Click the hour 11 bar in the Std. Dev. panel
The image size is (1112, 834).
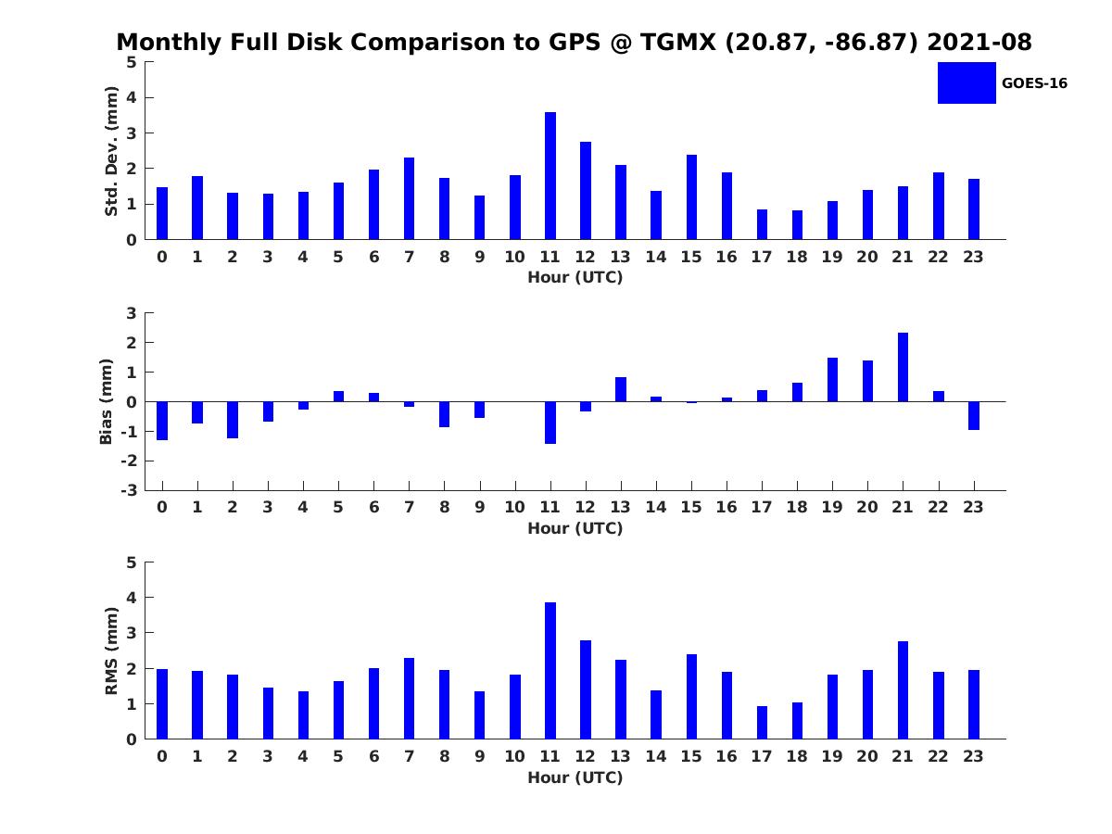550,176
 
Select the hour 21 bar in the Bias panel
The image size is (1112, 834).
903,367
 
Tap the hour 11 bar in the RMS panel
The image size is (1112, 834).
550,671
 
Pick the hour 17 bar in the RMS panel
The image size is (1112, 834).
762,723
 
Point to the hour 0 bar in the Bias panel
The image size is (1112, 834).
162,421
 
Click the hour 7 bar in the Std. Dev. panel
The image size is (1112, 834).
409,198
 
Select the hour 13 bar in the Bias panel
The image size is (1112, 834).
621,389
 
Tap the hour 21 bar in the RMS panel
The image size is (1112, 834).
903,690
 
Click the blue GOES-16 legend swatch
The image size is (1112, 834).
967,82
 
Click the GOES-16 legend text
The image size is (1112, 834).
1034,83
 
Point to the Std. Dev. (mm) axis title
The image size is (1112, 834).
111,151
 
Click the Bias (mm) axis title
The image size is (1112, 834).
107,401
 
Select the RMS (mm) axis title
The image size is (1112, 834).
111,651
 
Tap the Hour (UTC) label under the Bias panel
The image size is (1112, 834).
575,528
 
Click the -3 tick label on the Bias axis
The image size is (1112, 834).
131,490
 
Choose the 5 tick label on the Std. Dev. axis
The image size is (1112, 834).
132,62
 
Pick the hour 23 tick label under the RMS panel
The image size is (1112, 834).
973,756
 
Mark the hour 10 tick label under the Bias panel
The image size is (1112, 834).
515,507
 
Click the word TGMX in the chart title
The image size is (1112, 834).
671,43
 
